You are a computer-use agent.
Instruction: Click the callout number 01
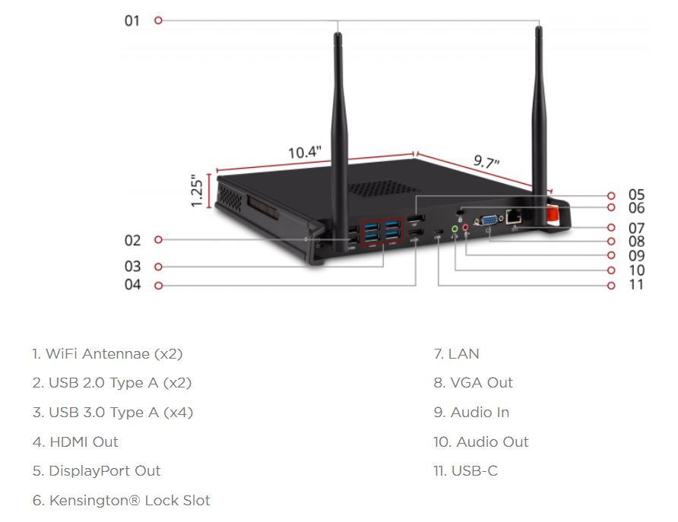tap(132, 21)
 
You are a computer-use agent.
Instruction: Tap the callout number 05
tap(636, 196)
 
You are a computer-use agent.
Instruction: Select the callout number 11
tap(636, 285)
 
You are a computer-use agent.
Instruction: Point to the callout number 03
tap(132, 267)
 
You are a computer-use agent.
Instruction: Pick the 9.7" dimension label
tap(486, 162)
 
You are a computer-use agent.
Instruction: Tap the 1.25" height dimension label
tap(198, 191)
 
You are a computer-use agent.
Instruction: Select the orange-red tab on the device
tap(558, 215)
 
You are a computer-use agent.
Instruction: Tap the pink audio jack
tap(464, 226)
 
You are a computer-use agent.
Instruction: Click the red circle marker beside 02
tap(158, 239)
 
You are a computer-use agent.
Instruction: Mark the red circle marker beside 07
tap(612, 227)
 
